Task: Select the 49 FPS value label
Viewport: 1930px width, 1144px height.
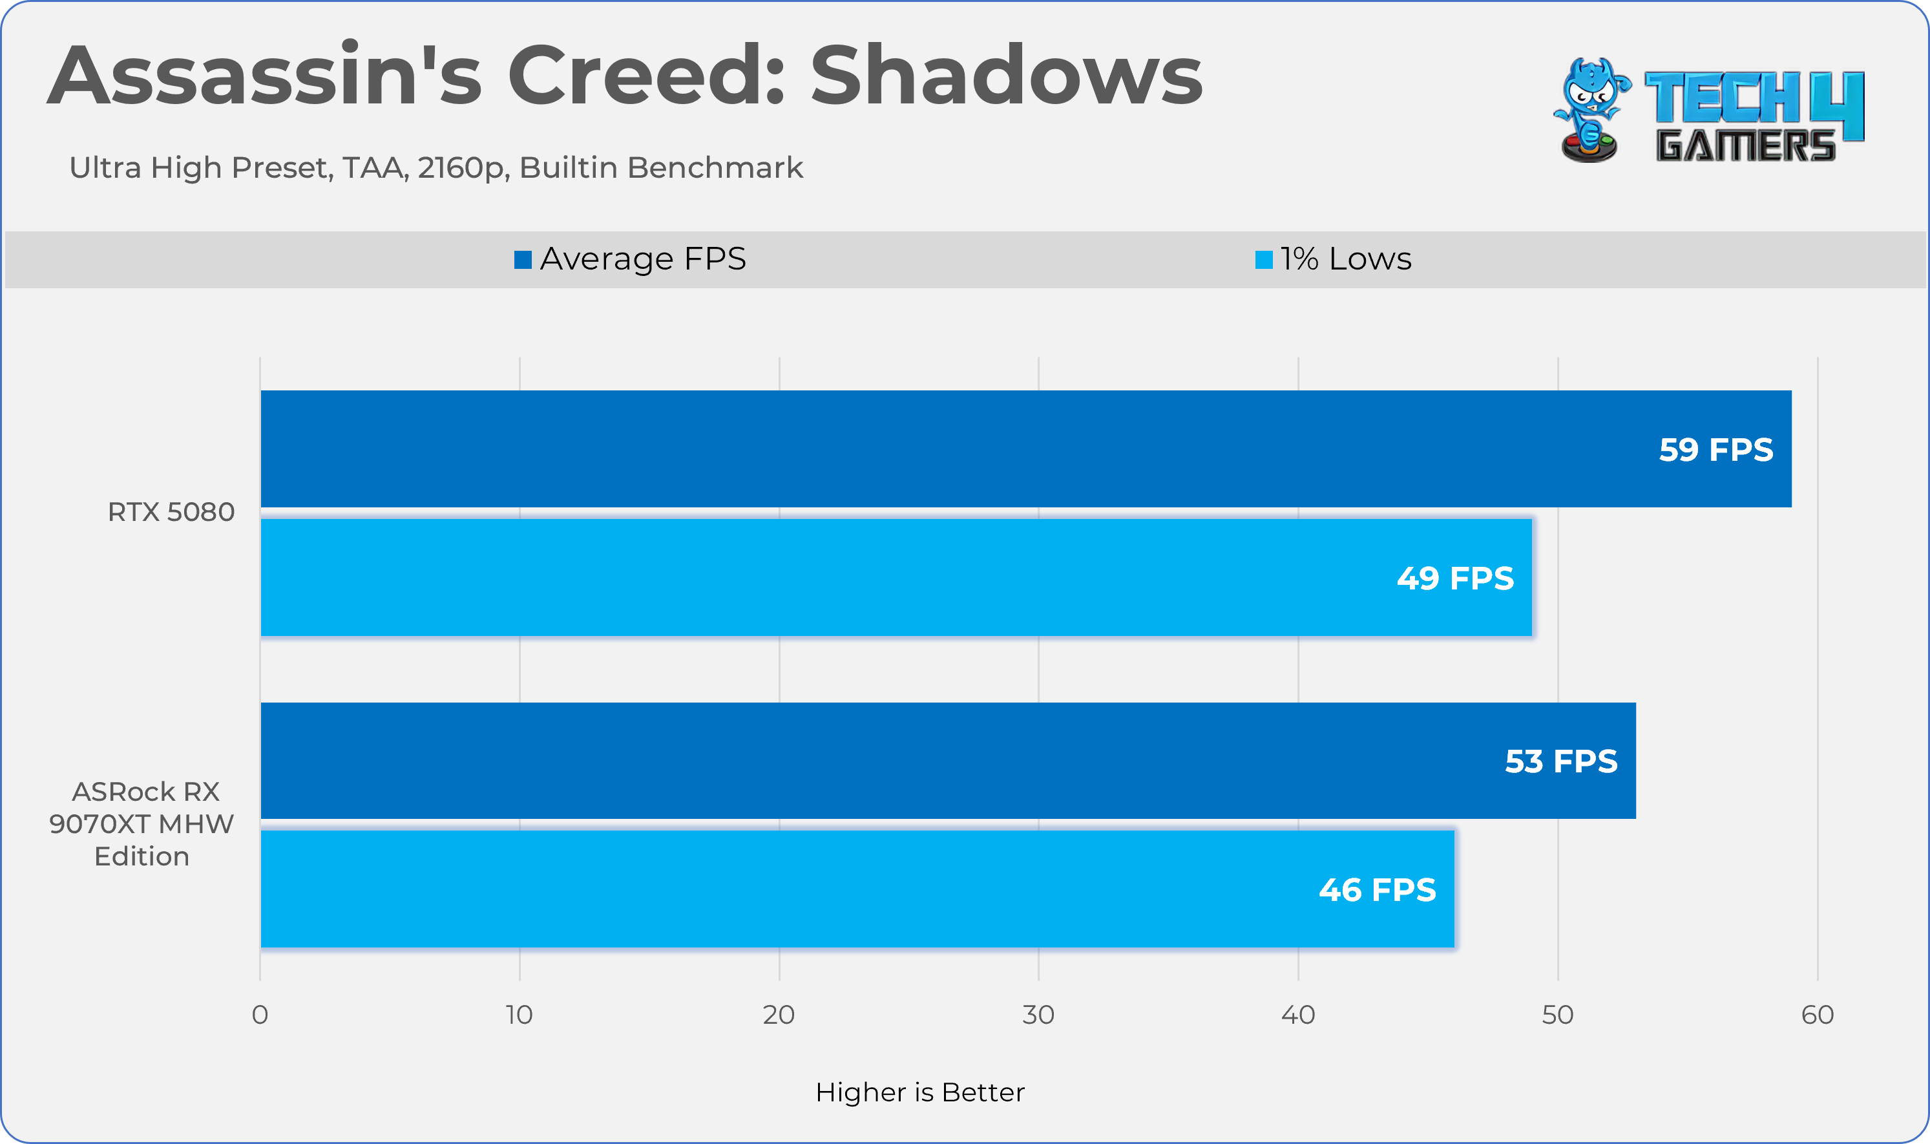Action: click(x=1454, y=579)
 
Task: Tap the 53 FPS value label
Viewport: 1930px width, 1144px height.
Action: click(x=1560, y=761)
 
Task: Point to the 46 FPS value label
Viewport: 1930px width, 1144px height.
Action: click(x=1377, y=891)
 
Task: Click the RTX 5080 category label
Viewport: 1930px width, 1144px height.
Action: click(x=171, y=513)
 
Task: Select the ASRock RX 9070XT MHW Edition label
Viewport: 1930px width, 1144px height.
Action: click(x=142, y=824)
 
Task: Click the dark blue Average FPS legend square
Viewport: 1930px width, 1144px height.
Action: click(x=523, y=260)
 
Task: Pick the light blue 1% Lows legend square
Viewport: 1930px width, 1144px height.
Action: click(x=1264, y=260)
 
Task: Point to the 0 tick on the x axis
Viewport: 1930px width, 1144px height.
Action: click(x=260, y=1015)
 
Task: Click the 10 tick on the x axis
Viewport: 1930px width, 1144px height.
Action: click(x=519, y=1015)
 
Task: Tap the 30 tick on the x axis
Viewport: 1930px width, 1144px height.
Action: click(x=1038, y=1015)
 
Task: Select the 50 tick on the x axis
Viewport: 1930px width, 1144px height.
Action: click(x=1557, y=1015)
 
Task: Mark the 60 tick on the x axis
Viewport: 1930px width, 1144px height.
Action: click(x=1817, y=1015)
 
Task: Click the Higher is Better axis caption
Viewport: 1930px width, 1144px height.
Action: click(x=920, y=1093)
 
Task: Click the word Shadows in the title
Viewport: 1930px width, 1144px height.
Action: click(x=1005, y=76)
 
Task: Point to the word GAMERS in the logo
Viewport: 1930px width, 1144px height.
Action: click(x=1745, y=145)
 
